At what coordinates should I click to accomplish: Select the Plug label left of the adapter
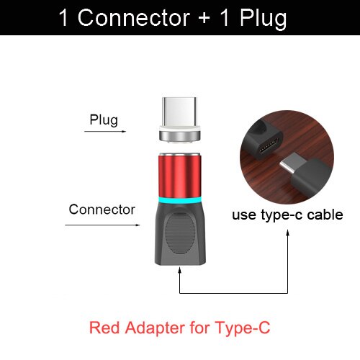coord(104,119)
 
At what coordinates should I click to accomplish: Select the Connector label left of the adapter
coord(102,210)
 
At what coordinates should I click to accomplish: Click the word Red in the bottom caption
coord(102,329)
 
